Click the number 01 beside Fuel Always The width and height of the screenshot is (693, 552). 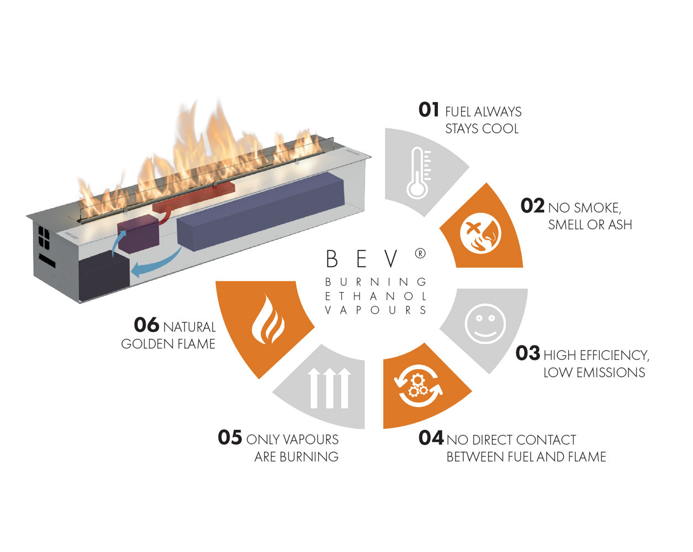point(429,110)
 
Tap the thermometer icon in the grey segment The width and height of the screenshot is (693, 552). point(418,173)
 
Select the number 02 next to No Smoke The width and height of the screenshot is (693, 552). point(532,206)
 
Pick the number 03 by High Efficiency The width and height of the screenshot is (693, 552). point(527,353)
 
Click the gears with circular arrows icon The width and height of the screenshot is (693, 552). point(418,385)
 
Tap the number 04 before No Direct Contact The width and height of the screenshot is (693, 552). point(431,438)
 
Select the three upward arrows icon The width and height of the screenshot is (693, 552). point(330,388)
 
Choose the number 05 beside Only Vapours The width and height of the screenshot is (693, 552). point(230,438)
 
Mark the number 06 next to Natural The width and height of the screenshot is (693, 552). point(146,325)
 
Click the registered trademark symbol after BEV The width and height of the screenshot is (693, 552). point(420,253)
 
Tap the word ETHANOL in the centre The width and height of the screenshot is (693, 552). point(375,296)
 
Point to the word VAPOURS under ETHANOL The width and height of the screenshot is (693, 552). point(375,310)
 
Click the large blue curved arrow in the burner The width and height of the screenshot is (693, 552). point(157,264)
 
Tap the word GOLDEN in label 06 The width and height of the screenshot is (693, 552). point(142,344)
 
